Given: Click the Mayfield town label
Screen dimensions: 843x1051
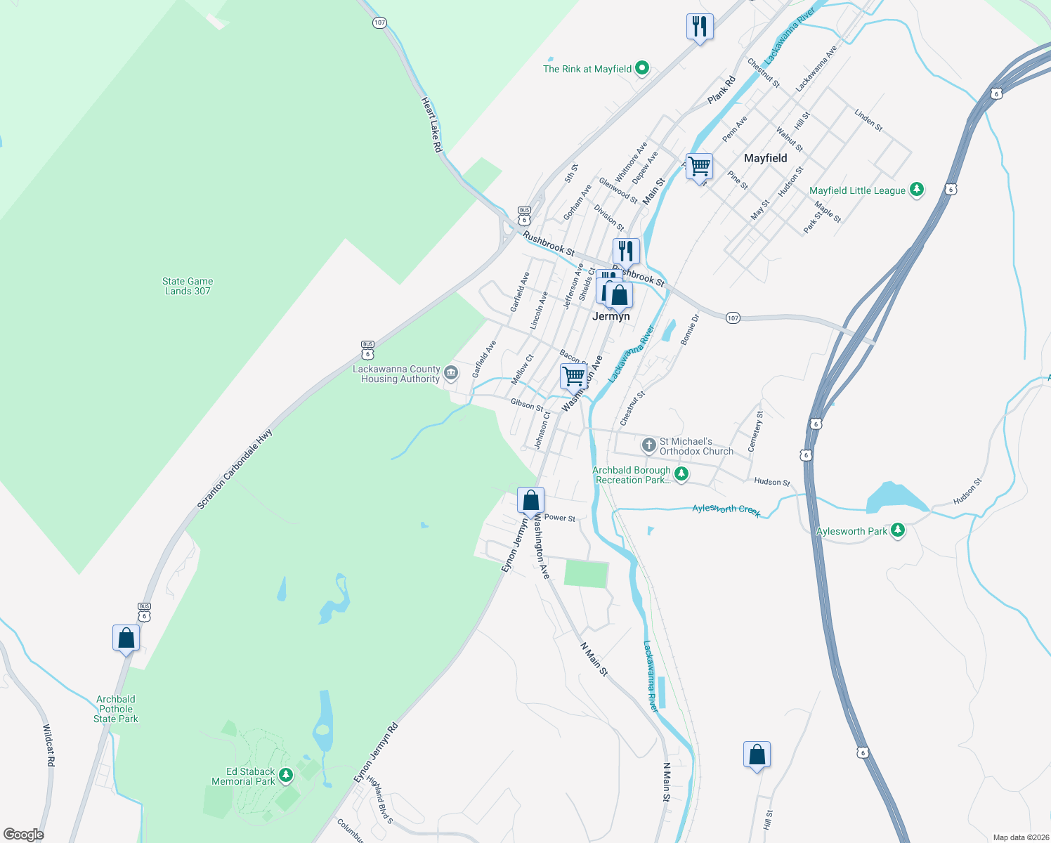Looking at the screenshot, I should click(765, 158).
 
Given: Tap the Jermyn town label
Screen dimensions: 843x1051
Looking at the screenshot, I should click(611, 316).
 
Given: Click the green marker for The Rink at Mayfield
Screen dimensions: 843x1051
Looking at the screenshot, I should click(641, 69).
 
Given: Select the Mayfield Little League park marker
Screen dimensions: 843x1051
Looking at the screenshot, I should click(916, 190).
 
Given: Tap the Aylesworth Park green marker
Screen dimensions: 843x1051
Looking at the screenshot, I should click(897, 530).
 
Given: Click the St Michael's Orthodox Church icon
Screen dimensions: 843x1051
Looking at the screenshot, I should click(649, 445).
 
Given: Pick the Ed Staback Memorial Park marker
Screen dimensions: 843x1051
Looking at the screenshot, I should click(285, 776).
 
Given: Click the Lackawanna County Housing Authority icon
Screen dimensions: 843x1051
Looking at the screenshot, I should click(451, 372).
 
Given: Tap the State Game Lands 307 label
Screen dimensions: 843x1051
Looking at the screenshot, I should click(188, 286).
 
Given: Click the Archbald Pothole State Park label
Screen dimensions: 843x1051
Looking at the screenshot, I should click(116, 709).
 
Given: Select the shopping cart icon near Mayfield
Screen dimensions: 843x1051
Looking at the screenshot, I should click(699, 167).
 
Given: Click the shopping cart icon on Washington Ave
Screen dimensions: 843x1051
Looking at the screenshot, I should click(573, 376).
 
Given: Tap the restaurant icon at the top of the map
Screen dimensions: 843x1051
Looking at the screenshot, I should click(700, 27).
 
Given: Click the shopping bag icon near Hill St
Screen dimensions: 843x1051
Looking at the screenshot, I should click(757, 755).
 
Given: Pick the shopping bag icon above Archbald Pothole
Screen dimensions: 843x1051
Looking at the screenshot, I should click(126, 638).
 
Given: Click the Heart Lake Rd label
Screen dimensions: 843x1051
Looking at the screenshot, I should click(431, 125).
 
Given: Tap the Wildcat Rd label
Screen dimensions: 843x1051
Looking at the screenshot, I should click(48, 745).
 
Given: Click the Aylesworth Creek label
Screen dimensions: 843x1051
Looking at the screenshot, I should click(726, 510).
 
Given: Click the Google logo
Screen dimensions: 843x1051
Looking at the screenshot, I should click(24, 835).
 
